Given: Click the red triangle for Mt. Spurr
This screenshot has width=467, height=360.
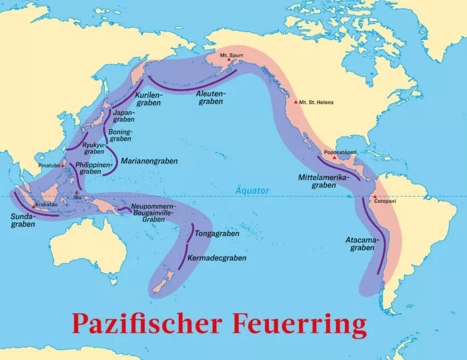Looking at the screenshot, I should pos(229,60).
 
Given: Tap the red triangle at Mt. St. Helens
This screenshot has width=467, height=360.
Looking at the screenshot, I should pos(296,102).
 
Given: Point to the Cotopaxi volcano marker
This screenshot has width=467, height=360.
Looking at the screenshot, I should pos(375,196).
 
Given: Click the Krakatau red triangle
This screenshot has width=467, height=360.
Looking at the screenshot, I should pos(33,205).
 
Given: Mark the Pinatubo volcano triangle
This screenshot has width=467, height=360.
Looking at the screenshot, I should pos(63,164).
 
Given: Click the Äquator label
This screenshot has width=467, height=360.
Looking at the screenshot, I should pos(252,191).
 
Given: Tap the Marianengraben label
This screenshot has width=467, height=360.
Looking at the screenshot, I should pos(149,161).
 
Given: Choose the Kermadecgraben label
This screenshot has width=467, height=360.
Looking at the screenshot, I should pos(218,257).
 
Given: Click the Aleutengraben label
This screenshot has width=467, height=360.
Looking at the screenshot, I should pos(211,97).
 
